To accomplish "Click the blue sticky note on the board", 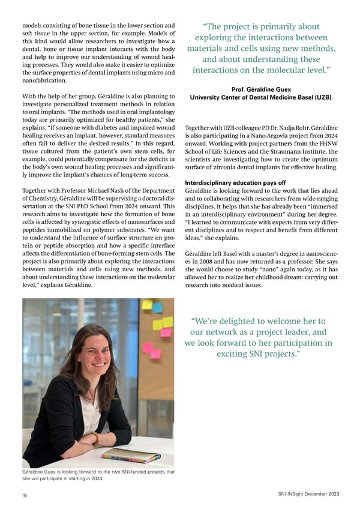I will pos(157,307).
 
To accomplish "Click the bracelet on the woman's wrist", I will pos(95,438).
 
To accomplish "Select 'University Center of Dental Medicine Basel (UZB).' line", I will pos(261,98).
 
